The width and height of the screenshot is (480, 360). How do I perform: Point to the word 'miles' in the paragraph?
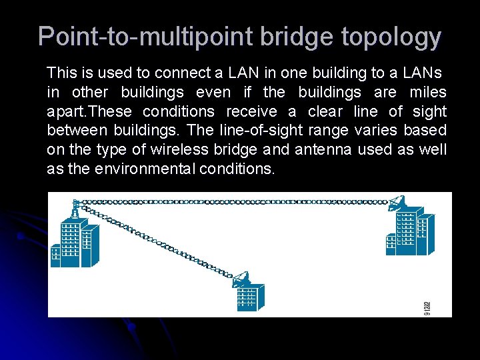click(x=427, y=91)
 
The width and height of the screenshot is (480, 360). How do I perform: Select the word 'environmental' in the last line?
click(x=145, y=169)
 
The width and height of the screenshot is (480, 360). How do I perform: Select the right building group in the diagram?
click(x=409, y=232)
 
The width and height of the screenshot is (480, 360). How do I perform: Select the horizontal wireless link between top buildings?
click(x=233, y=201)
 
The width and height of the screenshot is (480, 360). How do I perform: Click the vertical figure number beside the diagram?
click(x=427, y=307)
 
